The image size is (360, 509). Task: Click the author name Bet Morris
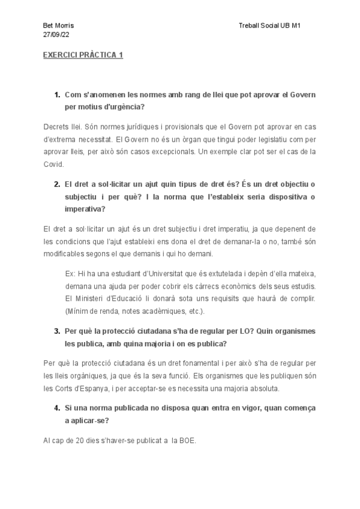[59, 27]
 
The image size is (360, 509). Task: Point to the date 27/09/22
[56, 35]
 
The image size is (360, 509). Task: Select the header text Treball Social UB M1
[269, 27]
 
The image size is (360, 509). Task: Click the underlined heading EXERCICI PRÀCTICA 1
[83, 55]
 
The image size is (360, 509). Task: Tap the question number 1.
[56, 95]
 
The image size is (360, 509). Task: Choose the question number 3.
[56, 331]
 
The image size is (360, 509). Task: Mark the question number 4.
[56, 408]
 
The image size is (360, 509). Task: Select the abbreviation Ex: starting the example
[70, 273]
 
